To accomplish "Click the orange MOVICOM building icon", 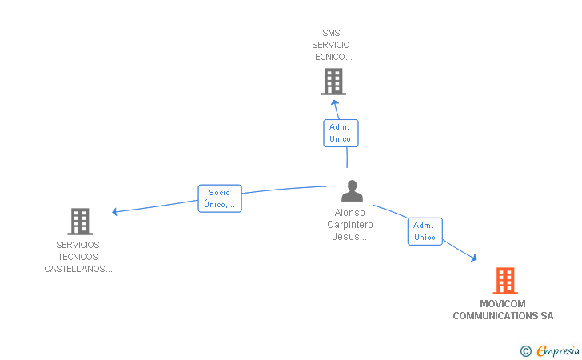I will point(504,281).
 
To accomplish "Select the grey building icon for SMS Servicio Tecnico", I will point(333,82).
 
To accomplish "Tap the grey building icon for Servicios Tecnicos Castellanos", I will point(80,222).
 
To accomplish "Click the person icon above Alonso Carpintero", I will point(352,191).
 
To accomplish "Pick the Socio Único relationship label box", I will point(219,198).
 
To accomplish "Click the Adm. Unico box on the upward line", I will point(341,133).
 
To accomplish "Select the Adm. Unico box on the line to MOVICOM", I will point(425,231).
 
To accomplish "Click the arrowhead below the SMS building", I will point(335,102).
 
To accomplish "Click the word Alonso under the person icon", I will point(350,213).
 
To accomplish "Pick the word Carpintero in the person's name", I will point(350,225).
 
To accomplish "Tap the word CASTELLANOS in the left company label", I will point(75,269).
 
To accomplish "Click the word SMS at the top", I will point(331,34).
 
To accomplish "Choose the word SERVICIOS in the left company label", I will point(78,245).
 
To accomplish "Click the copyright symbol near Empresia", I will point(525,350).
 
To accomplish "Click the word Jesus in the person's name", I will point(347,237).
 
